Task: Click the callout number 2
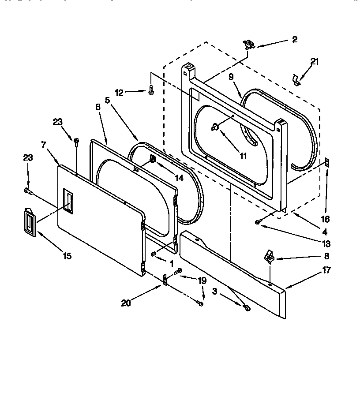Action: point(295,40)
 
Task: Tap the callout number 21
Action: point(314,62)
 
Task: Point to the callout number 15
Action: point(67,256)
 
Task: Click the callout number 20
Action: point(125,303)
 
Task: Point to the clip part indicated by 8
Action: point(268,257)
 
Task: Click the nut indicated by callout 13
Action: point(258,222)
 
